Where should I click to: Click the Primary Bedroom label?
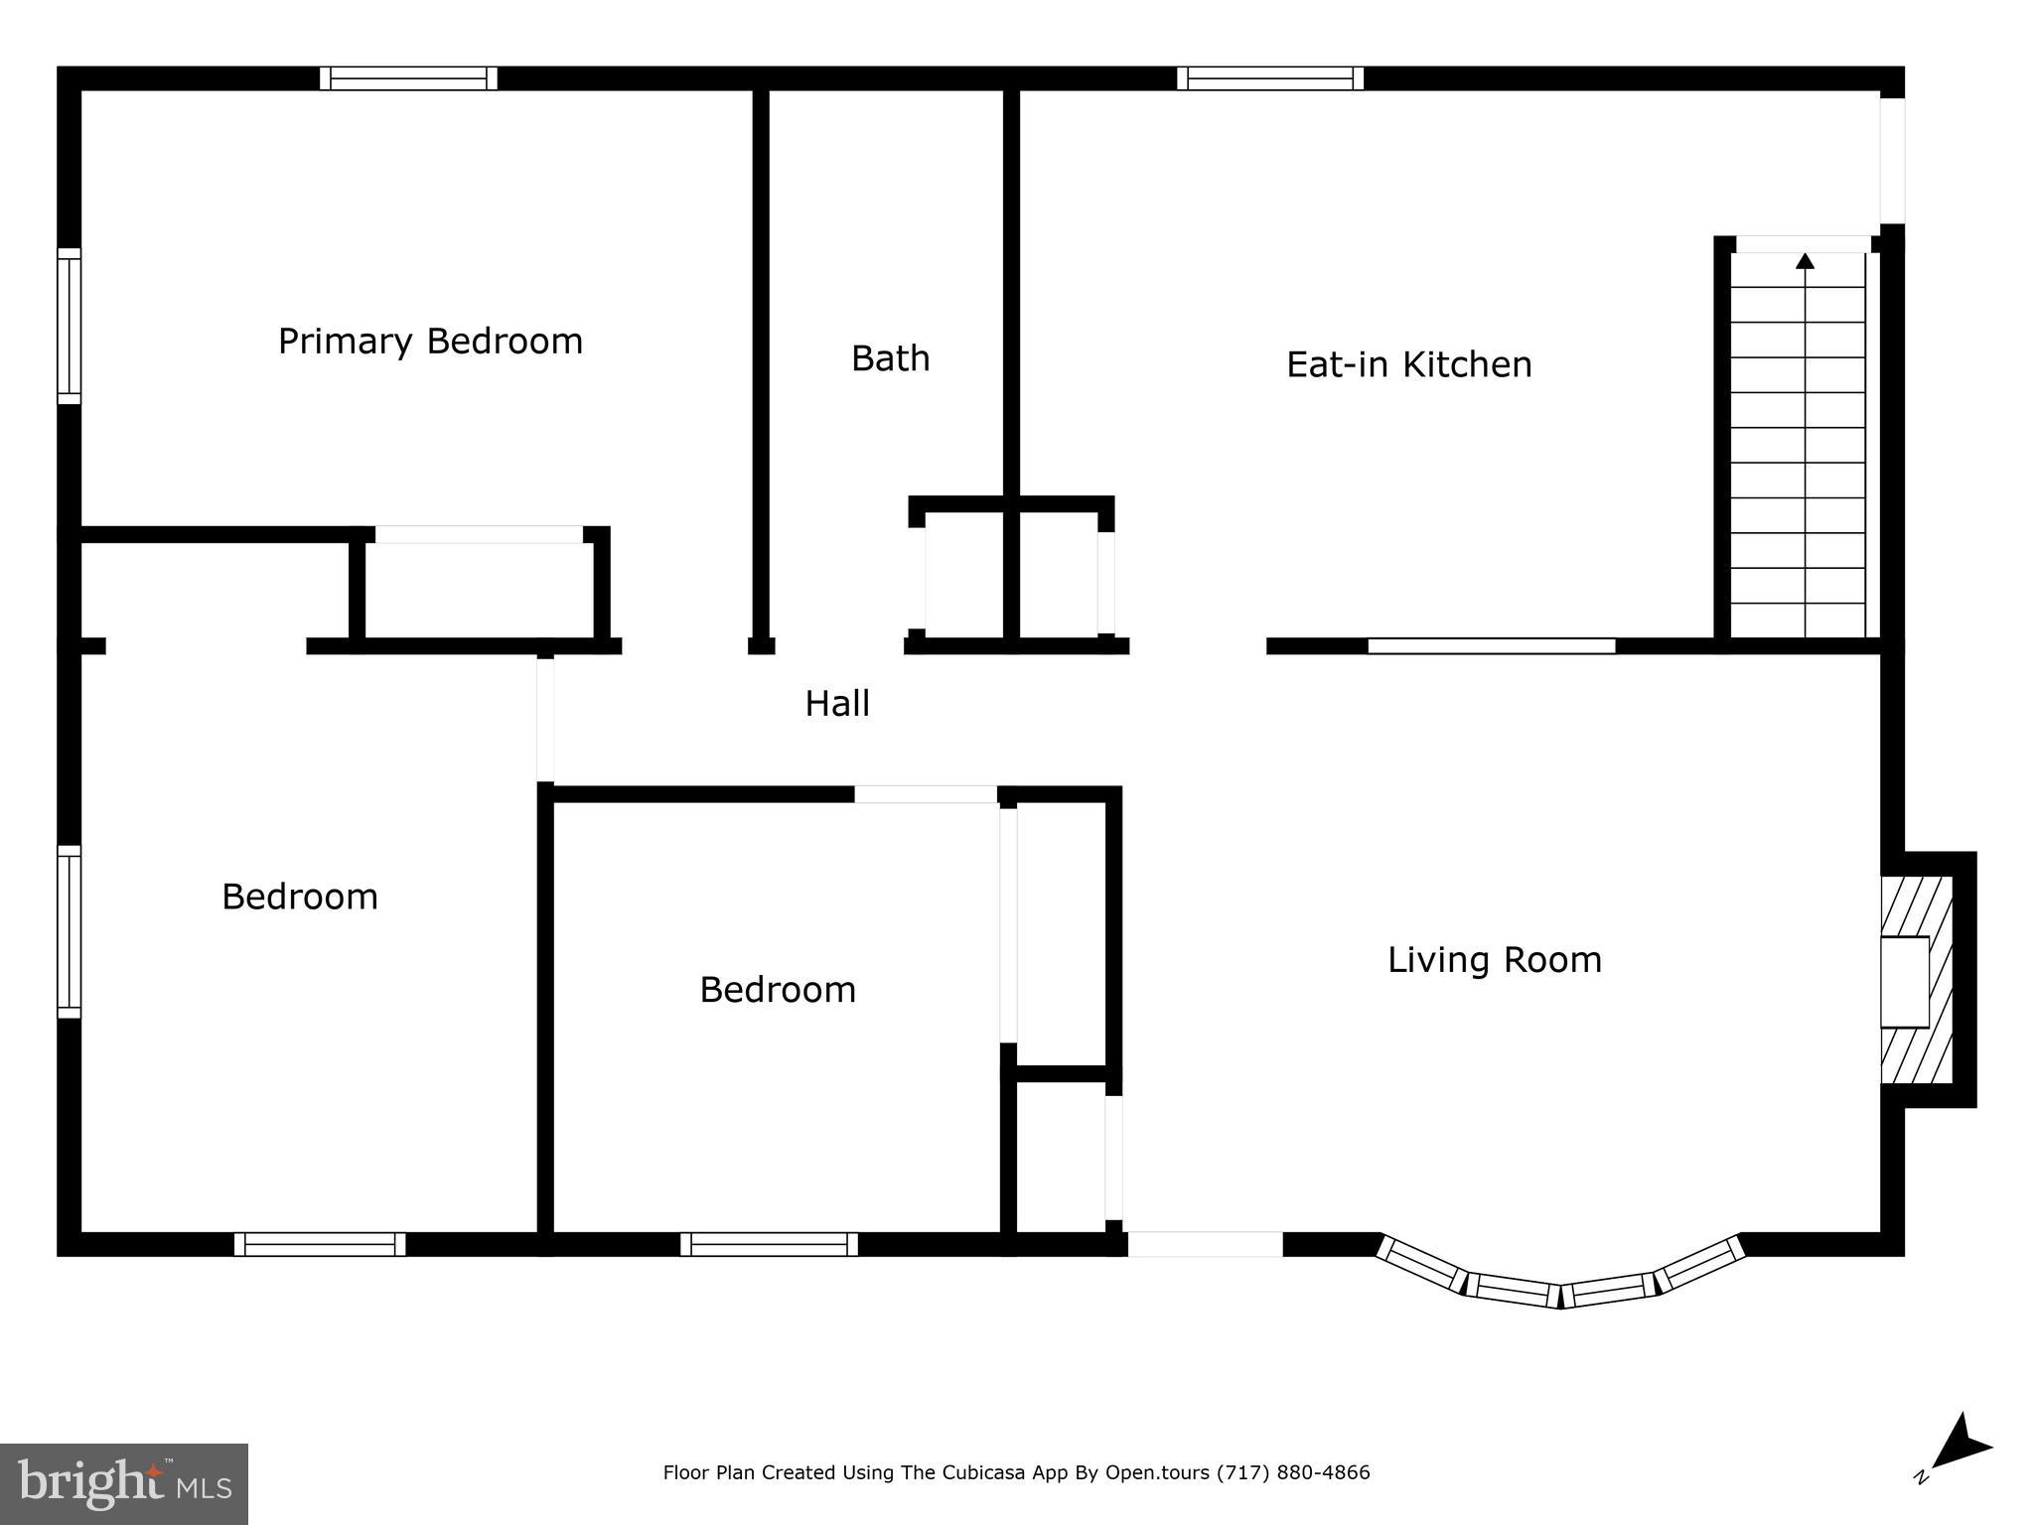(430, 342)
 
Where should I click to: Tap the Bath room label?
(890, 358)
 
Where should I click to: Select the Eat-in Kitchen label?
(1408, 364)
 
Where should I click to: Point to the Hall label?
(836, 704)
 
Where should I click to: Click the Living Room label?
(1494, 960)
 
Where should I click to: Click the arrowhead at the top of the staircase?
(1805, 261)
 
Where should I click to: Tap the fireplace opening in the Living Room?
(1904, 981)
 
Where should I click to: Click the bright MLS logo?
(123, 1483)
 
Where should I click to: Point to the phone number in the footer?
(1293, 1472)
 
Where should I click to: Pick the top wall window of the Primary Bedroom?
(408, 78)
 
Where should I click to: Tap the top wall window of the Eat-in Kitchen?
(1269, 78)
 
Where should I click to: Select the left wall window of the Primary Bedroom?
(69, 326)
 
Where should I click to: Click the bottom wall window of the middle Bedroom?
(769, 1244)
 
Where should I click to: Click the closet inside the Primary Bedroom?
(479, 590)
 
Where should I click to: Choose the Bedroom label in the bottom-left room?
(299, 898)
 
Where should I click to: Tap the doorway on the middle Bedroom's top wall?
(926, 794)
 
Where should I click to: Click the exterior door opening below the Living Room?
(1204, 1244)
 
